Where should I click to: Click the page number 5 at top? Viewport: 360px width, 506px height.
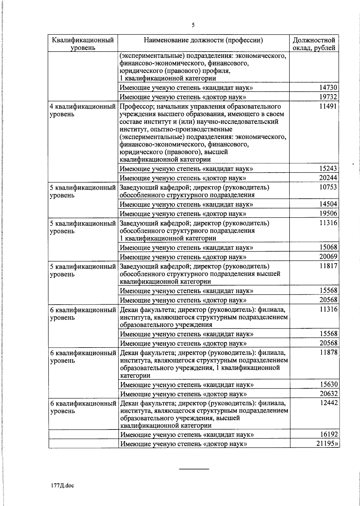pyautogui.click(x=193, y=25)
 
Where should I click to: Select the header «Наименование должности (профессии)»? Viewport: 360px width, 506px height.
pyautogui.click(x=203, y=40)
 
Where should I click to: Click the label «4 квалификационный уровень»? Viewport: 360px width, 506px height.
pyautogui.click(x=82, y=110)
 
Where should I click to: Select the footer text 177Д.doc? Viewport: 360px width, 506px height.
pyautogui.click(x=62, y=485)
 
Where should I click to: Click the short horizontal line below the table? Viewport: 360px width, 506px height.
pyautogui.click(x=194, y=468)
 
